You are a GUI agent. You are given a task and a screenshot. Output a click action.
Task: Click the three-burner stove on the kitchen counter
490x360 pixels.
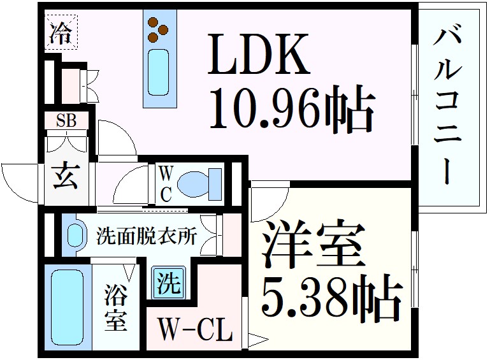(x=158, y=27)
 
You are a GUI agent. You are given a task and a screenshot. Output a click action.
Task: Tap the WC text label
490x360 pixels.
(x=164, y=183)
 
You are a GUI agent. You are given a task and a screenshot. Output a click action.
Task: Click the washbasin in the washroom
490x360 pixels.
(x=75, y=234)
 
